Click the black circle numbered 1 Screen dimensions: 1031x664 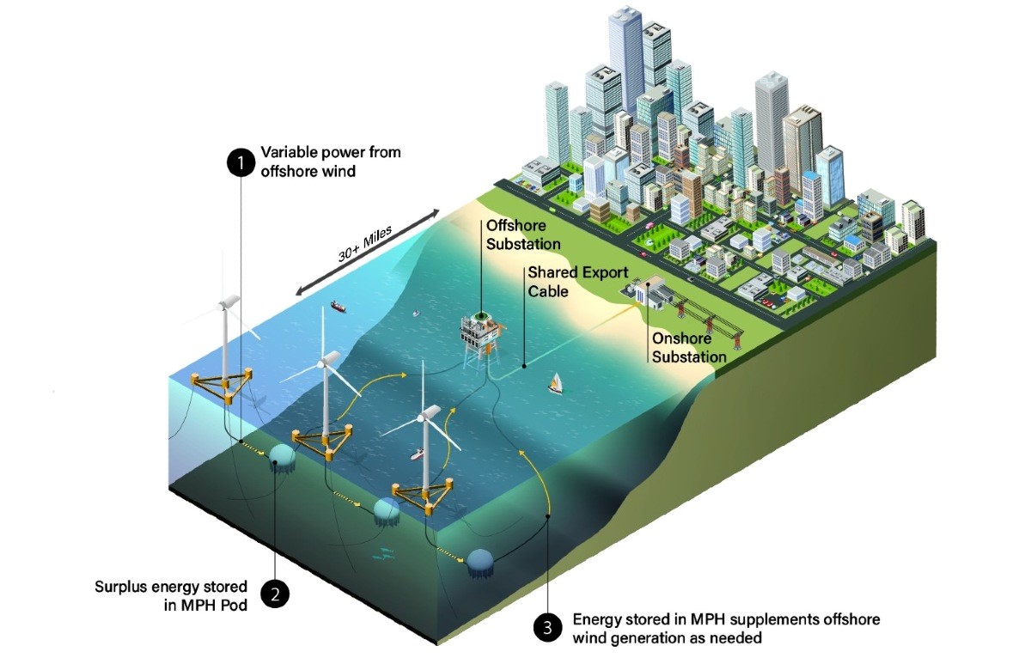point(241,162)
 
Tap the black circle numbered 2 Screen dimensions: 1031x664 point(275,594)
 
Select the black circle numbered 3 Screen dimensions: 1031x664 point(547,628)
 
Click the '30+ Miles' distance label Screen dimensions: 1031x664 point(365,244)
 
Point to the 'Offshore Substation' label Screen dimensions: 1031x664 point(523,235)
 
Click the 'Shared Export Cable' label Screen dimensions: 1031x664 point(577,282)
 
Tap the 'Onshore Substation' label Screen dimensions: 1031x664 point(689,347)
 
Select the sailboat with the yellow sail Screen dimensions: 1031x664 point(556,383)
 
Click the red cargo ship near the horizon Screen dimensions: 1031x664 point(339,307)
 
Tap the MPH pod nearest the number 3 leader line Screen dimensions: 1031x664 point(480,563)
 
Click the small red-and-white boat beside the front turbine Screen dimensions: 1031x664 point(417,454)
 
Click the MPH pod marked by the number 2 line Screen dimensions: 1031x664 point(282,459)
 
